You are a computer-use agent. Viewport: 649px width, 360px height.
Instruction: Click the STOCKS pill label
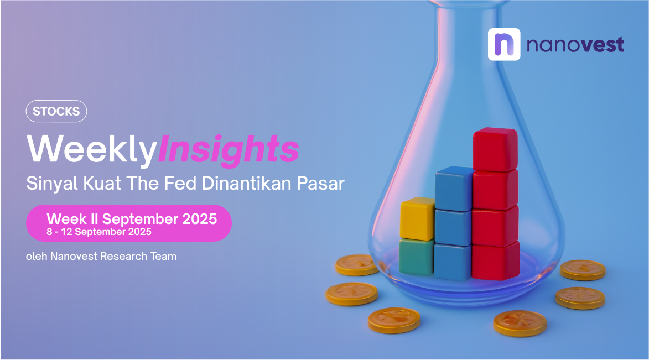coord(56,111)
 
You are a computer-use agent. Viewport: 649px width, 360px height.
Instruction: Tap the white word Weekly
coord(91,149)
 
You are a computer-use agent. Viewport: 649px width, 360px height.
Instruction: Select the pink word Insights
coord(229,149)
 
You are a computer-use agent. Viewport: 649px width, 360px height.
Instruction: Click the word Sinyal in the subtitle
coord(52,184)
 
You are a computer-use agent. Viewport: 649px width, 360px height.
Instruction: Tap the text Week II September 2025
coord(132,218)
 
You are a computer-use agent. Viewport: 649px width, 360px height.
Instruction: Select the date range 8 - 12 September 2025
coord(99,232)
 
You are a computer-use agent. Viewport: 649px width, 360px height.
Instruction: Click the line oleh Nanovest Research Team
coord(101,256)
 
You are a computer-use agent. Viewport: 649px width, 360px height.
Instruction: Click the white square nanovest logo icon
coord(504,44)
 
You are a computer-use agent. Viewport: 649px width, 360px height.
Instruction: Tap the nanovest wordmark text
coord(575,45)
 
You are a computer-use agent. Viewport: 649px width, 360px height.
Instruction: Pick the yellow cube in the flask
coord(417,218)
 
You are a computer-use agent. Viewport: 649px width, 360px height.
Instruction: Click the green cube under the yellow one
coord(417,257)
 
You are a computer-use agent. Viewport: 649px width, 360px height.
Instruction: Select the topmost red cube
coord(495,149)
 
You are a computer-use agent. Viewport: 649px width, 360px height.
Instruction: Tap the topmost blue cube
coord(454,189)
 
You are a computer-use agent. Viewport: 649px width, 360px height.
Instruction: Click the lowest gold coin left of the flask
coord(394,320)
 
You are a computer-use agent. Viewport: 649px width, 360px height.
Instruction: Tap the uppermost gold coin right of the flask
coord(583,270)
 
